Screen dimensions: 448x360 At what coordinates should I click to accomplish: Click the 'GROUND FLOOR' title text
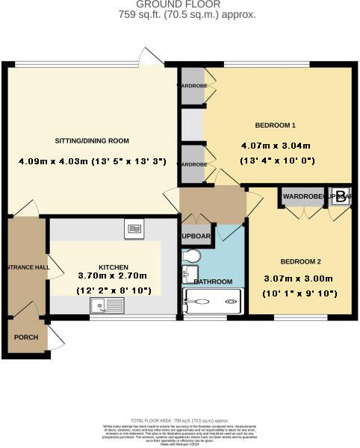[180, 4]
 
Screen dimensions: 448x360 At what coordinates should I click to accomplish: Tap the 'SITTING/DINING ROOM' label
[92, 140]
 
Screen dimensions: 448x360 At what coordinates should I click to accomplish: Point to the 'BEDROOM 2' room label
[301, 261]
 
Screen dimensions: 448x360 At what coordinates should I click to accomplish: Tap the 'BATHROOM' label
[214, 281]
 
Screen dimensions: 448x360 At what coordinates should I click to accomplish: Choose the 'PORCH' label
[25, 337]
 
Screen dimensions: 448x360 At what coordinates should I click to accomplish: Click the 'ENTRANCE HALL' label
[25, 267]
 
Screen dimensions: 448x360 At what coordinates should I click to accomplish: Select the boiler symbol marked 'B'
[341, 197]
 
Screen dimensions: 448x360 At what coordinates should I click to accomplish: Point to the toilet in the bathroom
[190, 258]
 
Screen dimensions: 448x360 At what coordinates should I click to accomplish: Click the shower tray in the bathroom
[214, 303]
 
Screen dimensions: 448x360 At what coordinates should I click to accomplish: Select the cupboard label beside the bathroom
[196, 237]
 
